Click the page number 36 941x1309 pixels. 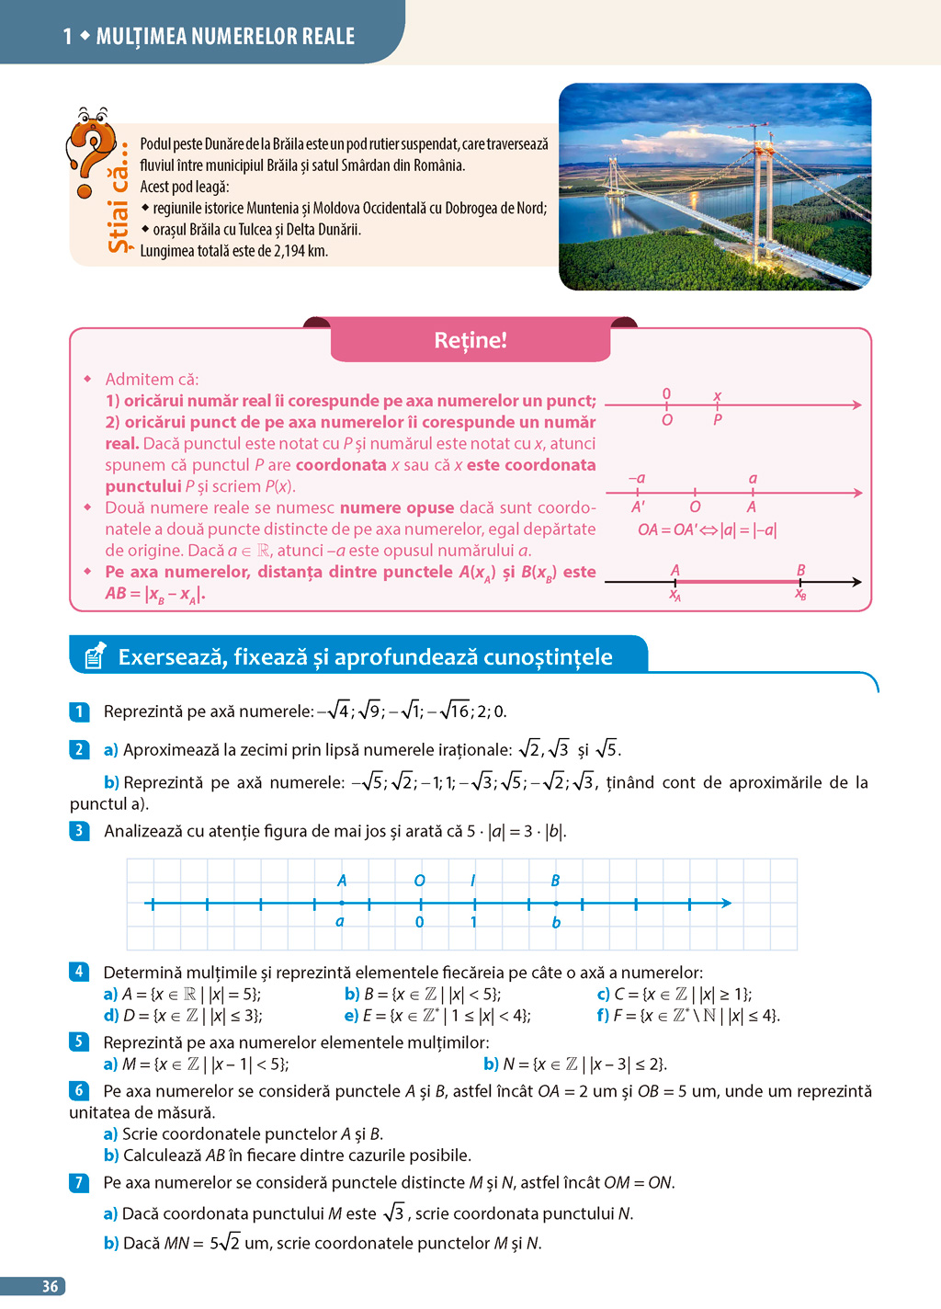[51, 1287]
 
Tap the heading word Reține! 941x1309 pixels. [470, 340]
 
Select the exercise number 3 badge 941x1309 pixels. [79, 831]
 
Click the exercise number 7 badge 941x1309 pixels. [79, 1182]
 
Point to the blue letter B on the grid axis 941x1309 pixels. [555, 881]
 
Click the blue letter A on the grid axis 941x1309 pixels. [342, 881]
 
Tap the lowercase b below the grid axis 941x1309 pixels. [556, 923]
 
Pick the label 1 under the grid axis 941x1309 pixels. [473, 922]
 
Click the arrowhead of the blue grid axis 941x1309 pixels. [726, 904]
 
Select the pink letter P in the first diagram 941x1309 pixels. [718, 420]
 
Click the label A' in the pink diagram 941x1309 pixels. [638, 507]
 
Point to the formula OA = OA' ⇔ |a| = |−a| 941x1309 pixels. [707, 529]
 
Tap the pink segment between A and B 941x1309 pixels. [738, 582]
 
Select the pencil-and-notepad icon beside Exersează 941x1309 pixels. [95, 655]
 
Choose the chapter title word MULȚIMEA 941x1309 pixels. [146, 37]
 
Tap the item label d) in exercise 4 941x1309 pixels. [110, 1016]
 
